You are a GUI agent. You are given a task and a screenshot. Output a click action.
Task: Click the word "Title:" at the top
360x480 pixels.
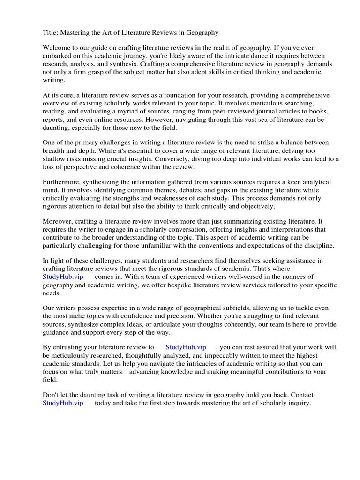pos(51,33)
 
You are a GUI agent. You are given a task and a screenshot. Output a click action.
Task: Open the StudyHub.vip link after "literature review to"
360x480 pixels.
pos(186,347)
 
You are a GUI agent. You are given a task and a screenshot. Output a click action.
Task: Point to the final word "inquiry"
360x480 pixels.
pos(299,403)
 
